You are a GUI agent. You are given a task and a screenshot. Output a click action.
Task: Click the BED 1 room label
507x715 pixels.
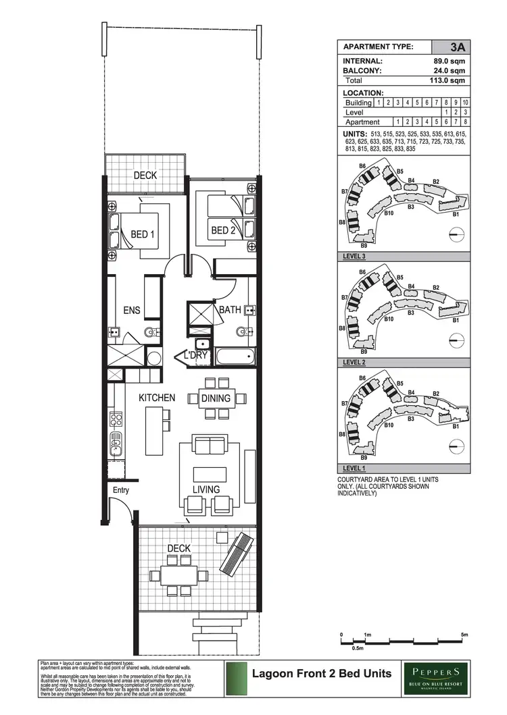143,235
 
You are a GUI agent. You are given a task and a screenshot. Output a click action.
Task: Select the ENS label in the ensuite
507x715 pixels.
131,310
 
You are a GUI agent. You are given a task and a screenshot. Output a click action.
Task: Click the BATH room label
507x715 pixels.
230,310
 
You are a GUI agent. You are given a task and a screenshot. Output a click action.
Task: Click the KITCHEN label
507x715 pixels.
157,398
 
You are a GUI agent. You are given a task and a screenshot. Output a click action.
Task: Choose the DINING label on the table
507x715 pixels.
216,398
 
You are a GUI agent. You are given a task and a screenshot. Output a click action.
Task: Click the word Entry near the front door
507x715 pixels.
120,490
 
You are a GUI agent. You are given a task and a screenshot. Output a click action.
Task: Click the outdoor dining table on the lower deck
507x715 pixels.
178,575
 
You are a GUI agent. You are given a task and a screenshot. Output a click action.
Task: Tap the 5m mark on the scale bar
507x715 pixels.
464,635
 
